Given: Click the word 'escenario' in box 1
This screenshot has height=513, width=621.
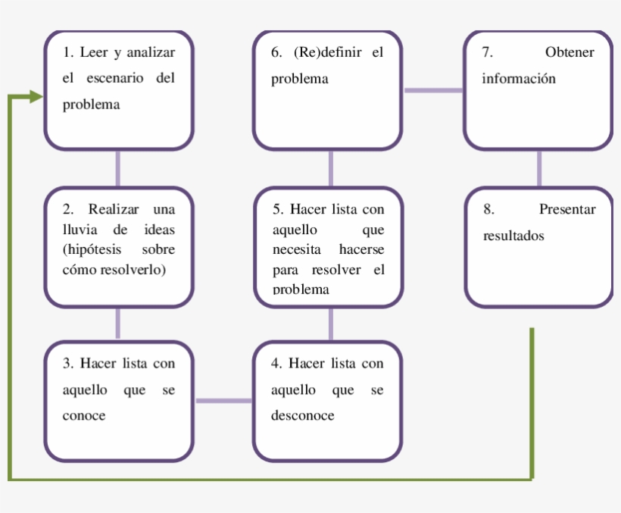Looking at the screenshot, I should point(112,78).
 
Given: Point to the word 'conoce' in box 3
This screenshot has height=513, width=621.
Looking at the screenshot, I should point(83,415).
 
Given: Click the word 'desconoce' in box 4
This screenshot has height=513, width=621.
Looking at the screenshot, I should point(302,415).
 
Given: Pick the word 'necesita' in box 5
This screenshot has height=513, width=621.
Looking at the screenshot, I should point(296,249).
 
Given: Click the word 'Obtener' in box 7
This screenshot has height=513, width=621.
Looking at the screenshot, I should point(570,52).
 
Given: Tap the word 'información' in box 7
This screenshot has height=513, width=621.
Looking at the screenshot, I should point(519,79).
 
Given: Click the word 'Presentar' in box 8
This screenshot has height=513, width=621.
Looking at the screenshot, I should point(567,210).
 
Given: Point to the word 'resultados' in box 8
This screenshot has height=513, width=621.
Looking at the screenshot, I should point(513,236).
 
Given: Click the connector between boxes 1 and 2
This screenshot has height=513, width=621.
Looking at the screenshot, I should point(117,167).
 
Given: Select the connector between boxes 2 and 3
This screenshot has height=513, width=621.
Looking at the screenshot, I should point(117,324).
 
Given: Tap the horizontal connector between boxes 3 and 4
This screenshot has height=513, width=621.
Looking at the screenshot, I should point(223,400).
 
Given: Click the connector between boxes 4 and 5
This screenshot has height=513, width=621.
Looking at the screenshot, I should point(330,324).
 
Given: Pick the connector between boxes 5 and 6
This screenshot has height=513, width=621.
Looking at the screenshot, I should point(330,167).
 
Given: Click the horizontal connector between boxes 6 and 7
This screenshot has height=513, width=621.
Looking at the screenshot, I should point(433,90).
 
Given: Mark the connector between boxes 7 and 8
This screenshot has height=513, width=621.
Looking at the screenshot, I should point(538,167).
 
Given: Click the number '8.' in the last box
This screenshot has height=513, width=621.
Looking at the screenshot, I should point(488,210).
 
